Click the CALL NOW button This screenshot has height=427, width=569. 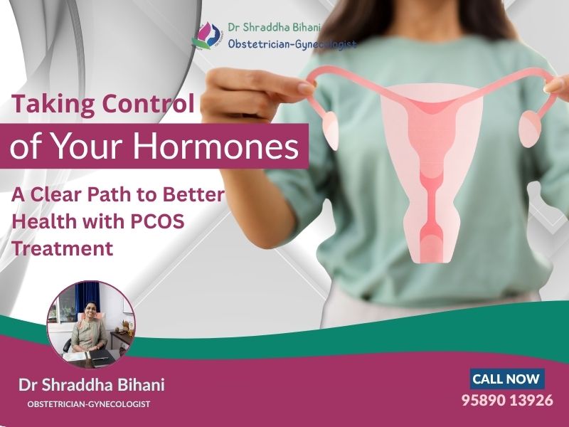tap(506, 379)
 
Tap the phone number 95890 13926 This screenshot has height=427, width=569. tap(507, 400)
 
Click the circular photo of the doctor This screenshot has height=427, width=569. tap(90, 325)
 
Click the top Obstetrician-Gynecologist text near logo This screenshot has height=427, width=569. tap(292, 44)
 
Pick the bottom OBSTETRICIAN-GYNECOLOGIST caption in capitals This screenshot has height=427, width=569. tap(89, 404)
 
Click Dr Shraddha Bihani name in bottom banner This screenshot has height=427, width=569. tap(91, 385)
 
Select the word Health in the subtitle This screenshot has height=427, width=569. tap(43, 221)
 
